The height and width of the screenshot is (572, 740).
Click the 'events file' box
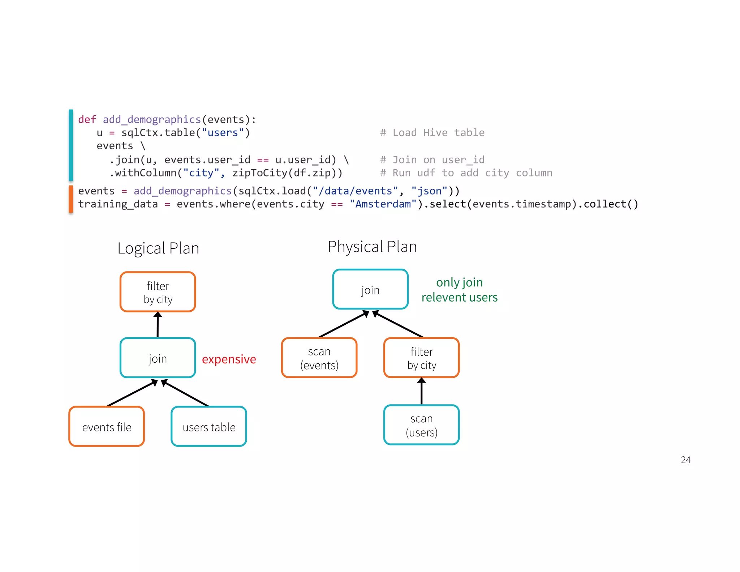click(x=107, y=426)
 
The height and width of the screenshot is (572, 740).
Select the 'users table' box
click(x=209, y=426)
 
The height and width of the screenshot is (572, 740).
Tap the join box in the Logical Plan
click(x=158, y=358)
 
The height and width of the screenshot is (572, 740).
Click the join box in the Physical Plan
click(x=370, y=289)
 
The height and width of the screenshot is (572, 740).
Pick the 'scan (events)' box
click(x=319, y=358)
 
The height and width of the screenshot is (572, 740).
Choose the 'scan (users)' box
click(x=421, y=425)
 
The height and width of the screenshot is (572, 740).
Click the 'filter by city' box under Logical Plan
click(x=158, y=292)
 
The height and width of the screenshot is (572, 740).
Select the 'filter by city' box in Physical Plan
click(x=421, y=358)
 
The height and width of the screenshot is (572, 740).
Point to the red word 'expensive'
click(x=229, y=359)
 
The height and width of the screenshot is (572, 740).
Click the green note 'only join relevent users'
click(x=459, y=290)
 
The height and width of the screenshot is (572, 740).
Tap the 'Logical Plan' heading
click(x=158, y=248)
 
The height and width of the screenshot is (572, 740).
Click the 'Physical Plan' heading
click(x=372, y=247)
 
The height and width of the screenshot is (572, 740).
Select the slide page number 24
click(x=685, y=460)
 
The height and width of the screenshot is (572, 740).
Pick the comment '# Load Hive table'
click(x=432, y=133)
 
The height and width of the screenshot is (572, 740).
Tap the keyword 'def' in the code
click(x=87, y=120)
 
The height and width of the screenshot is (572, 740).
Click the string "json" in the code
click(x=429, y=191)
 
